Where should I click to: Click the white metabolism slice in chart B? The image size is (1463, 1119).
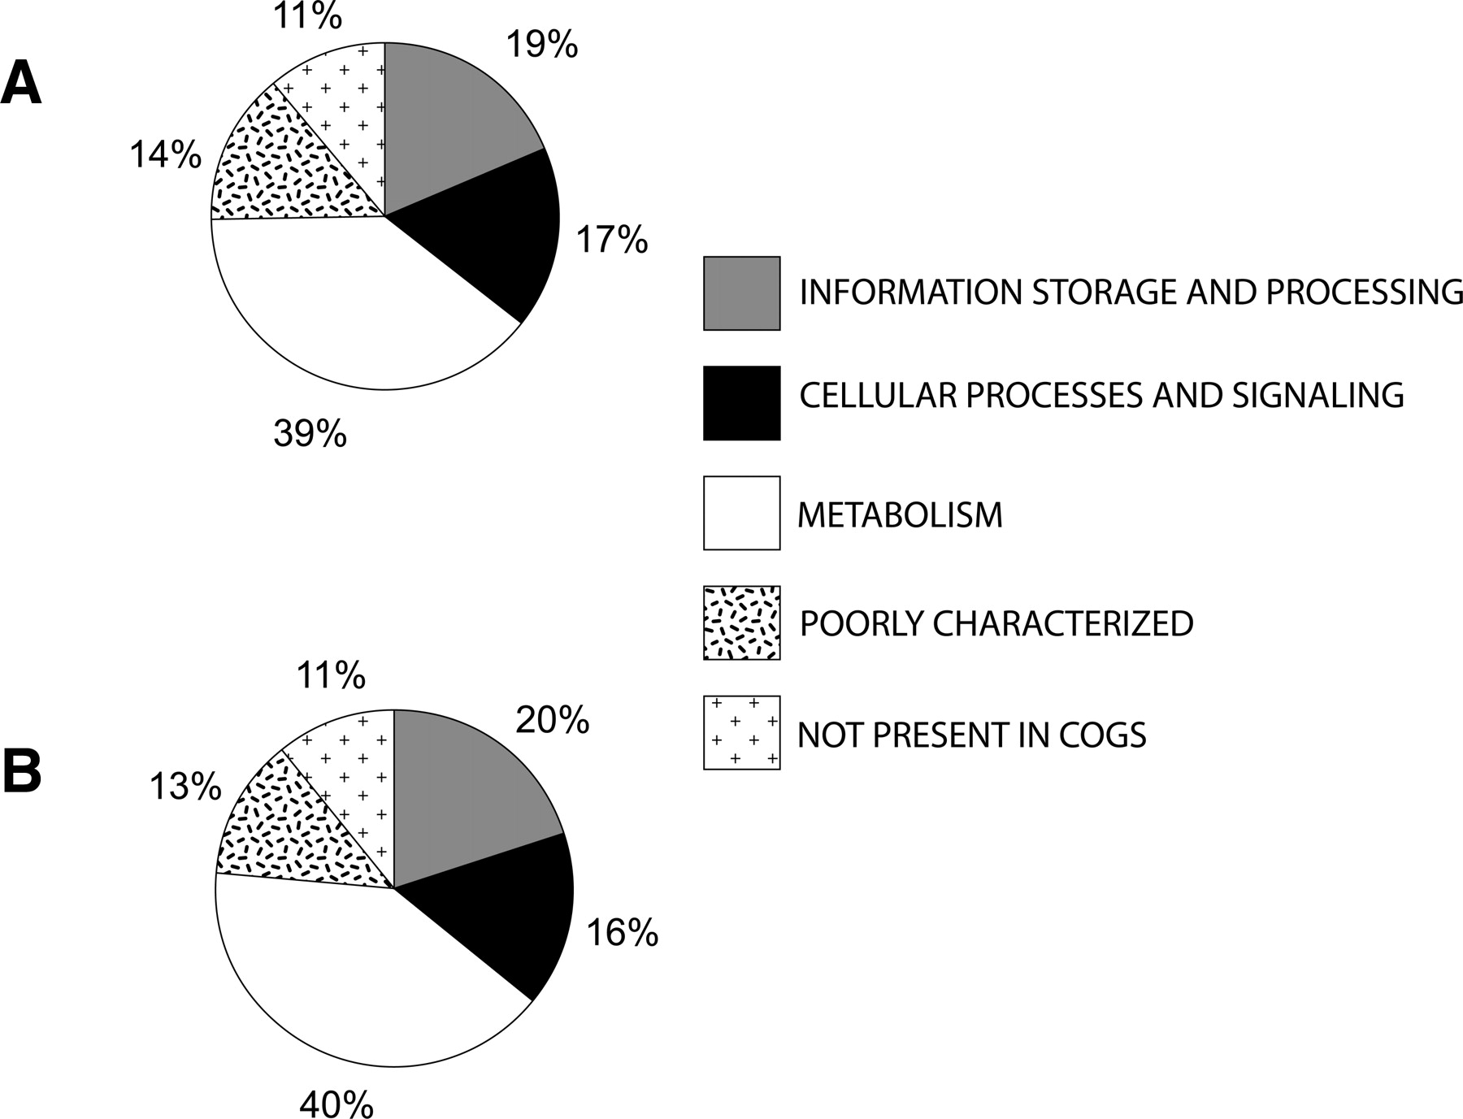coord(341,975)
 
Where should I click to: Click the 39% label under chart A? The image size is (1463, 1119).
coord(310,433)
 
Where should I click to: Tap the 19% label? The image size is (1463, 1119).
coord(542,44)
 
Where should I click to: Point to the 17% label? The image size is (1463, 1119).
coord(612,240)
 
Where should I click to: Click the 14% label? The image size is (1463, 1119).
coord(165,154)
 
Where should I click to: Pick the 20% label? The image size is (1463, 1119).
coord(553,720)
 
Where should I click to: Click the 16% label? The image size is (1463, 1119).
coord(622,933)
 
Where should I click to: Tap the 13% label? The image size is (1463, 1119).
coord(185,786)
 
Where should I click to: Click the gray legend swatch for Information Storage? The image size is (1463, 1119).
coord(742,293)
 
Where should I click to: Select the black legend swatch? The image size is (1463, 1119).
coord(742,403)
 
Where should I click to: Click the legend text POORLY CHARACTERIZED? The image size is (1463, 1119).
coord(996,623)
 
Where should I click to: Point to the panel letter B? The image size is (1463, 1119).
coord(22,771)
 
